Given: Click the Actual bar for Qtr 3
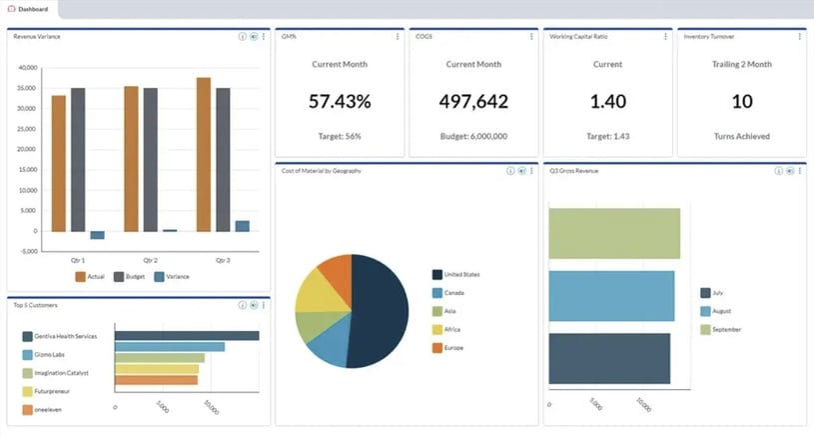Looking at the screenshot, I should coord(204,154).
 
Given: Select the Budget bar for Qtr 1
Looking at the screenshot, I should coord(78,159).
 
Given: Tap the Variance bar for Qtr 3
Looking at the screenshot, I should coord(243,226).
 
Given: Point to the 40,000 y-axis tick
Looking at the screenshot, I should coord(28,68).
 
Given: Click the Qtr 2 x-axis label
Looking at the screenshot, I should coord(150,259).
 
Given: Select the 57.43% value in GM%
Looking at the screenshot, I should coord(339,101).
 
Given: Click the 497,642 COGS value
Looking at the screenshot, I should coord(473,101).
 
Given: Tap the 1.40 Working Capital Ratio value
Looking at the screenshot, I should coord(607,101).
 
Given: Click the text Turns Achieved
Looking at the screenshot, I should coord(741,136).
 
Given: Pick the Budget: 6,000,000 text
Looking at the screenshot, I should coord(473,136).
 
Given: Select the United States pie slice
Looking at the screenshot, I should coord(382,310).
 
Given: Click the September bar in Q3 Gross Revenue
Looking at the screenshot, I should coord(613,233).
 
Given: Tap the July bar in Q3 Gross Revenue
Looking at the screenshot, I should coord(608,358).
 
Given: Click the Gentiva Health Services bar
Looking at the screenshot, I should coord(186,336).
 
